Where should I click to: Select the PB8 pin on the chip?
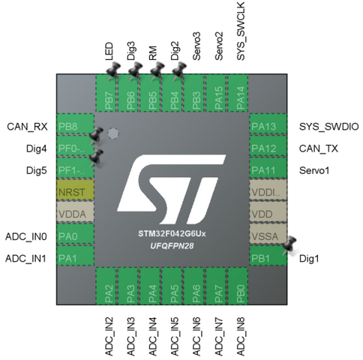76,124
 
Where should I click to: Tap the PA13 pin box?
268,124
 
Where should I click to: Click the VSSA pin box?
268,234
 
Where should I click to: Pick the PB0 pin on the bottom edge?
238,286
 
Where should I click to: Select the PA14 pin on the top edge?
238,93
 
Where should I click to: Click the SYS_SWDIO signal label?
328,127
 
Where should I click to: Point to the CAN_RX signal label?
27,127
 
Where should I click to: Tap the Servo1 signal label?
314,170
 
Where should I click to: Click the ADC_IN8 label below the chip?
241,337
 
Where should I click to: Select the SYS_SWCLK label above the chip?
241,31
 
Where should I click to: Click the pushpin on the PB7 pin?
113,71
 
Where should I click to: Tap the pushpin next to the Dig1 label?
289,245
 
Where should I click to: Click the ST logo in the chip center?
172,189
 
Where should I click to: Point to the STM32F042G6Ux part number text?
172,234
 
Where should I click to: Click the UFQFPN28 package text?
172,246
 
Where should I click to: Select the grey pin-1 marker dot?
113,133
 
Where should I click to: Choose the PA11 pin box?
268,168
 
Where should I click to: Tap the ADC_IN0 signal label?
26,236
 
